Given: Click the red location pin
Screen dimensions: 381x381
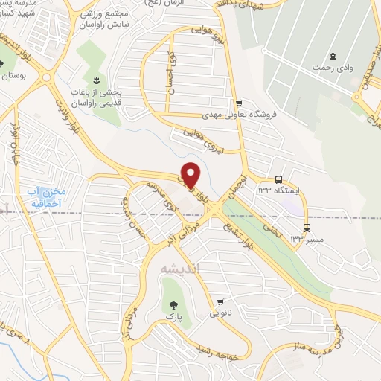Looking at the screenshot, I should pyautogui.click(x=191, y=174).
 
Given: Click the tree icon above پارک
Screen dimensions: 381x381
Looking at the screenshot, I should pyautogui.click(x=173, y=304).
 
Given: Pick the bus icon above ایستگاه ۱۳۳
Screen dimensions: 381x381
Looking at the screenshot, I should pyautogui.click(x=278, y=179).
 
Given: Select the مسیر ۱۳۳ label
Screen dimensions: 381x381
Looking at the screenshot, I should pyautogui.click(x=307, y=238).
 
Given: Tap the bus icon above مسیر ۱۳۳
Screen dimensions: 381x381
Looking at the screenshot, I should pyautogui.click(x=307, y=226).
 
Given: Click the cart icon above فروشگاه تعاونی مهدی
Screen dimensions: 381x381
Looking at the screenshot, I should pyautogui.click(x=238, y=103).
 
